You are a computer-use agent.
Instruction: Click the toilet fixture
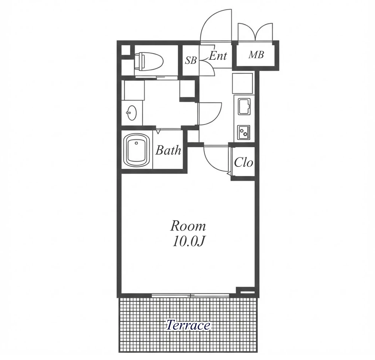tap(148, 62)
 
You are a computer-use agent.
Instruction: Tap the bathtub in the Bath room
tap(136, 150)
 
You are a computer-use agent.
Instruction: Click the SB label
tap(191, 60)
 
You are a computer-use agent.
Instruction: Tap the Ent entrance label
tap(218, 56)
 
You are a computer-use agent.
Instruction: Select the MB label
tap(256, 55)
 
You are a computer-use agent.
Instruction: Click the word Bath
tap(168, 150)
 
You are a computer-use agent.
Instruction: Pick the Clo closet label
tap(243, 162)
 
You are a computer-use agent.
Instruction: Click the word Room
tap(188, 226)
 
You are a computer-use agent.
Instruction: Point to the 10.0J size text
tap(188, 242)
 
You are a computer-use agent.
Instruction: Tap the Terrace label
tap(188, 325)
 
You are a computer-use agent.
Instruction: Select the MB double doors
tap(256, 32)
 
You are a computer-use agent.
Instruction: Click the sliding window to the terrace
tap(191, 295)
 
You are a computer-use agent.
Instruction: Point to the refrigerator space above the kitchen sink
tap(242, 83)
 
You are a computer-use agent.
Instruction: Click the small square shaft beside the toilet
tap(126, 50)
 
